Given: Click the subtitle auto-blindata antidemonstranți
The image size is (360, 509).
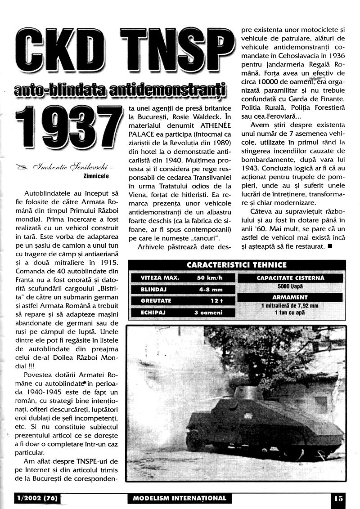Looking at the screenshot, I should (120, 90).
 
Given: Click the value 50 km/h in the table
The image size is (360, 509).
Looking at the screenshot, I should (210, 278).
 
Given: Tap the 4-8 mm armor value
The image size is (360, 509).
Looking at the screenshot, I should (210, 290).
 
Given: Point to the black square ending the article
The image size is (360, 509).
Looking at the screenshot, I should (330, 246).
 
